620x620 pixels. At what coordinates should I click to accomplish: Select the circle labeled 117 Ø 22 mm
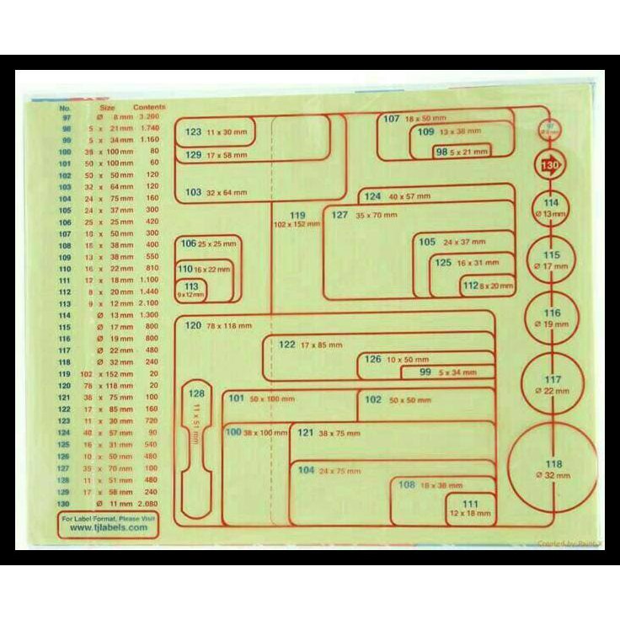[x=553, y=383]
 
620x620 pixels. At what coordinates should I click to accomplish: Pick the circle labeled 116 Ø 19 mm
[x=552, y=318]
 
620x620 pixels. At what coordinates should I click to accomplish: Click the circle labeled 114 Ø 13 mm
[x=551, y=208]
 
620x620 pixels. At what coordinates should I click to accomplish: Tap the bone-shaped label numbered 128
[x=196, y=450]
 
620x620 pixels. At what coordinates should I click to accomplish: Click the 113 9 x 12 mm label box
[x=192, y=291]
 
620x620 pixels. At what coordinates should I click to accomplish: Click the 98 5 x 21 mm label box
[x=459, y=152]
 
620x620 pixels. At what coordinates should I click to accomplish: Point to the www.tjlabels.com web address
[x=107, y=531]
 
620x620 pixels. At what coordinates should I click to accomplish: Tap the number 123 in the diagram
[x=194, y=132]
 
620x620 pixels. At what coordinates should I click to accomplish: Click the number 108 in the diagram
[x=408, y=484]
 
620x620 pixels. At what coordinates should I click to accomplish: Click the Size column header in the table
[x=107, y=108]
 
